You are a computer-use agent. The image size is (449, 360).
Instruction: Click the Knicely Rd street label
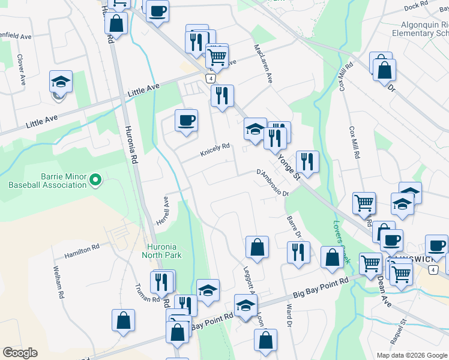pyautogui.click(x=215, y=148)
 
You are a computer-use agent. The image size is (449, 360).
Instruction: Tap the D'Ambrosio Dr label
pyautogui.click(x=273, y=183)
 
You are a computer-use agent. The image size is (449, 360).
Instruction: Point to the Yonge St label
pyautogui.click(x=288, y=166)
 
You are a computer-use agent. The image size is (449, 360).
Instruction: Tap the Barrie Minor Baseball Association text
pyautogui.click(x=47, y=181)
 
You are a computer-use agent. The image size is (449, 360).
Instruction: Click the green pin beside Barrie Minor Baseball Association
pyautogui.click(x=95, y=179)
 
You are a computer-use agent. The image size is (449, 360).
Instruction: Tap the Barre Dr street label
pyautogui.click(x=294, y=227)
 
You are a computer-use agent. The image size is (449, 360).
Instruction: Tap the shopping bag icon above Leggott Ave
pyautogui.click(x=257, y=247)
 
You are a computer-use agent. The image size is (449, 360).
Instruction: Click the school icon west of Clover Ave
pyautogui.click(x=61, y=82)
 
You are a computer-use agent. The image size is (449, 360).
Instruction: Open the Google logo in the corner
pyautogui.click(x=20, y=353)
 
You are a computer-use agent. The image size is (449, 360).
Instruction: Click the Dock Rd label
pyautogui.click(x=415, y=6)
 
